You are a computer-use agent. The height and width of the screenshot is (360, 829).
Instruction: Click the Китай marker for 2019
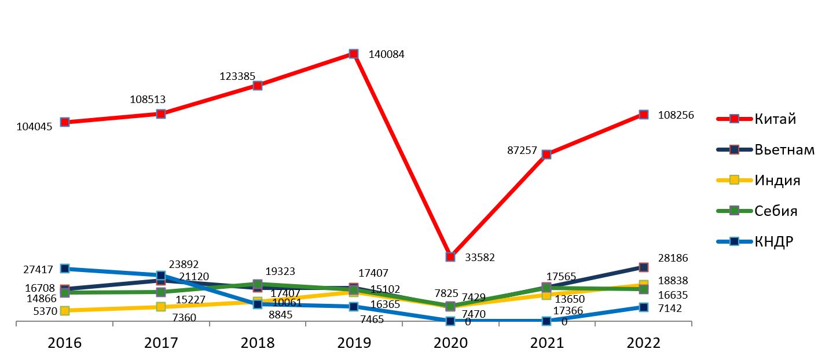pyautogui.click(x=354, y=54)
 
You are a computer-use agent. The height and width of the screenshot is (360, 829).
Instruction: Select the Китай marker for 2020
pyautogui.click(x=450, y=256)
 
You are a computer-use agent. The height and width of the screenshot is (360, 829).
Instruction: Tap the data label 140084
pyautogui.click(x=386, y=55)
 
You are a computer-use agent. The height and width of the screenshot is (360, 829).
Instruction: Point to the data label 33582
pyautogui.click(x=480, y=258)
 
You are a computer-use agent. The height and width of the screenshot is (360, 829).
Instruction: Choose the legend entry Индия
pyautogui.click(x=777, y=180)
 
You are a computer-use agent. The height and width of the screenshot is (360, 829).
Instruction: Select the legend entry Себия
pyautogui.click(x=776, y=211)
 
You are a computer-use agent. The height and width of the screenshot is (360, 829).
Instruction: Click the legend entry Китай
pyautogui.click(x=775, y=119)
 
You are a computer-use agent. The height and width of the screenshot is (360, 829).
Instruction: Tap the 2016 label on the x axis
pyautogui.click(x=65, y=343)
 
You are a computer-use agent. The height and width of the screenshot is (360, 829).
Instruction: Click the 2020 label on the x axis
pyautogui.click(x=450, y=343)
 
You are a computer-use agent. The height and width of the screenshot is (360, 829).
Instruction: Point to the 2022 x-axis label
pyautogui.click(x=643, y=343)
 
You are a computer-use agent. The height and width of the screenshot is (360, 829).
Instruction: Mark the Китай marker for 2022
pyautogui.click(x=643, y=115)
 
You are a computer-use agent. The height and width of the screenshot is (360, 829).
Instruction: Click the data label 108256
pyautogui.click(x=676, y=115)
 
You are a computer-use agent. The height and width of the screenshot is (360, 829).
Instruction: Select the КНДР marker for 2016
pyautogui.click(x=65, y=269)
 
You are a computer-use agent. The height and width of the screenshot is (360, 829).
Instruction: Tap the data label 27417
pyautogui.click(x=39, y=270)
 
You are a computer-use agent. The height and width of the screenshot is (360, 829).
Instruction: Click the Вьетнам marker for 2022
pyautogui.click(x=643, y=267)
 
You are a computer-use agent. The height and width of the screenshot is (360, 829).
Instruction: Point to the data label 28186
pyautogui.click(x=672, y=258)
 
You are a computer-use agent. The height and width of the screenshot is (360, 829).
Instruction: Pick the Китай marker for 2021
pyautogui.click(x=546, y=155)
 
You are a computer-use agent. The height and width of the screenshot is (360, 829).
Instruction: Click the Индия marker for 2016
pyautogui.click(x=65, y=310)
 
